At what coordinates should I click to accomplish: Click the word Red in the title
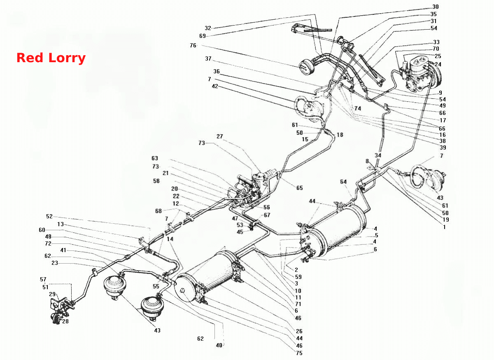point(30,58)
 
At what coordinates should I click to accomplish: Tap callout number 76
point(193,45)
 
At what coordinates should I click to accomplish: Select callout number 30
point(436,7)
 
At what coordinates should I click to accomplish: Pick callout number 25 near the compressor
point(438,56)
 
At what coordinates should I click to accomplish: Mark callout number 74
point(358,108)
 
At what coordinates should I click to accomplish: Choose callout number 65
point(300,188)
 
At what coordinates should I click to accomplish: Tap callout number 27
point(220,136)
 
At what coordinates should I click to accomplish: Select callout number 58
point(156,181)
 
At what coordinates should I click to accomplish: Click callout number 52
point(49,216)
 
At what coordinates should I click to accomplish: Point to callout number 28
point(65,321)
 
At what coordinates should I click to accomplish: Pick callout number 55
point(156,286)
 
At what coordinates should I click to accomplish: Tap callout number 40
point(219,345)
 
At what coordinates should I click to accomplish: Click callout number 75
point(299,353)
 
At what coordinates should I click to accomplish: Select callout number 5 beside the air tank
point(377,235)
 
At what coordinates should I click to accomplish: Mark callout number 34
point(378,155)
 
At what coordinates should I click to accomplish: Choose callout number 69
point(203,36)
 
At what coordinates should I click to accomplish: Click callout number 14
point(170,239)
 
